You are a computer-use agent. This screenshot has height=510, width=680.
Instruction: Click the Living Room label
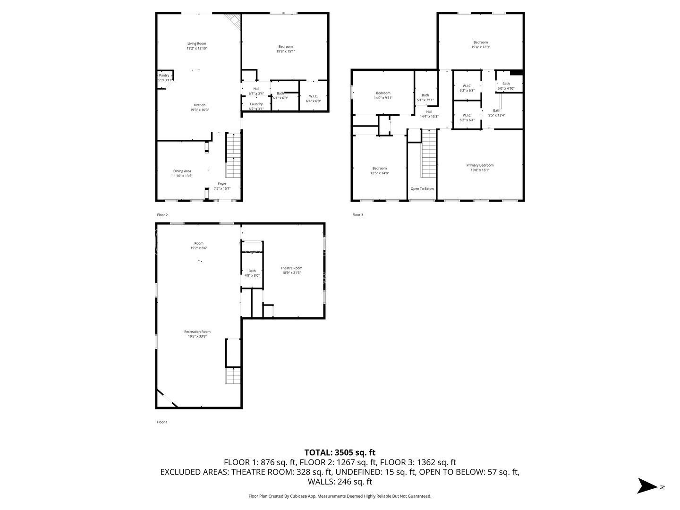pos(196,43)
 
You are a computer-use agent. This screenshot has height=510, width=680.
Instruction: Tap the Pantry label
pos(164,76)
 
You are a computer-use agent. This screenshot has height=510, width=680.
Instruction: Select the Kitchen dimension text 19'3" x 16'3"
pos(199,110)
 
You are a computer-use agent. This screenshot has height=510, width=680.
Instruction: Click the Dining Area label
pos(182,171)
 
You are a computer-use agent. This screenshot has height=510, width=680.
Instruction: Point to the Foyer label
pos(222,184)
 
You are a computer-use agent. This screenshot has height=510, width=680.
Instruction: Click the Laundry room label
pos(256,104)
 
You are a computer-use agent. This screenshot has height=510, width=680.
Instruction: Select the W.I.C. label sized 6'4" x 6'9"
pos(313,96)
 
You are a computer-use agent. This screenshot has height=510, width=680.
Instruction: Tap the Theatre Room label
pos(291,268)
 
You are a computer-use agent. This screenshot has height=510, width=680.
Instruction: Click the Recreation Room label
pos(197,331)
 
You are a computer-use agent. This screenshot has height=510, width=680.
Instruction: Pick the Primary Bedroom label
pos(480,165)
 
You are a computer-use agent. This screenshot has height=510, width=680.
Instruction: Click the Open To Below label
pos(422,189)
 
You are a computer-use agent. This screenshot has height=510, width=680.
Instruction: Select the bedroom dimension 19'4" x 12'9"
pos(480,47)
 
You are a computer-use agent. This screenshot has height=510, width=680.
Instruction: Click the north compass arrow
pos(647,486)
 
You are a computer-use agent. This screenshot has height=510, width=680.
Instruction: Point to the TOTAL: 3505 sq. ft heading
pos(340,452)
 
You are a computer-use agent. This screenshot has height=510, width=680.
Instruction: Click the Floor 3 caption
pos(357,215)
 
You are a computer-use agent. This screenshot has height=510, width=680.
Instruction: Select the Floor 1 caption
pos(162,422)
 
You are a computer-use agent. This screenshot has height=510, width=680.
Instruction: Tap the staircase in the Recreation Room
pos(233,376)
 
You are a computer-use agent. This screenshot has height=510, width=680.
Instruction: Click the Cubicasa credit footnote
pos(340,496)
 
